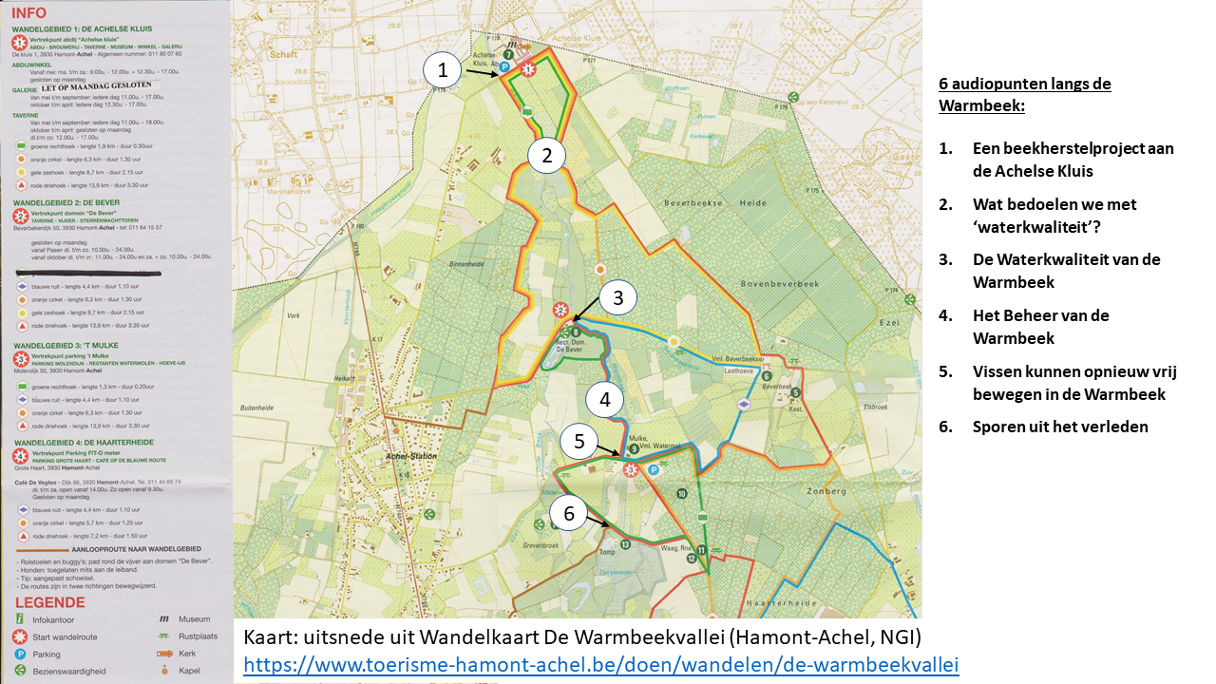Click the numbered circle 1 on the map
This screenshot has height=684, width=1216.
pyautogui.click(x=442, y=69)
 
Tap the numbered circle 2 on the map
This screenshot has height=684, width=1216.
pyautogui.click(x=547, y=155)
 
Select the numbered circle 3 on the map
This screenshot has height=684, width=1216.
pyautogui.click(x=617, y=298)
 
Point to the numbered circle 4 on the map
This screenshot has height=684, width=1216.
pyautogui.click(x=604, y=399)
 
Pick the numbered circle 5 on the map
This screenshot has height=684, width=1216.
pyautogui.click(x=579, y=441)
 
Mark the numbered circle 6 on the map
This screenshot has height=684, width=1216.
pyautogui.click(x=569, y=514)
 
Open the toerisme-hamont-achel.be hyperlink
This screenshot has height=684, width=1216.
pyautogui.click(x=600, y=664)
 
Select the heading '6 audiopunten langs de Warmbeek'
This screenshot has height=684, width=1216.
pyautogui.click(x=1024, y=94)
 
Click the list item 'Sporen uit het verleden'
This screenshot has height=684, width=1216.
pyautogui.click(x=1060, y=426)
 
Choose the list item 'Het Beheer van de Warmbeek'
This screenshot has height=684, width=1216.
pyautogui.click(x=1040, y=326)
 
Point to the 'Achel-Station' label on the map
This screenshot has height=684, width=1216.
pyautogui.click(x=410, y=456)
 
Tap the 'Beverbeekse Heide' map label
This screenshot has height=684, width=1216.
pyautogui.click(x=707, y=202)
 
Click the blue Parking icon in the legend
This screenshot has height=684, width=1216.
pyautogui.click(x=19, y=654)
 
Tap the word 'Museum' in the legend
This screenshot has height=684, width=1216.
pyautogui.click(x=195, y=619)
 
